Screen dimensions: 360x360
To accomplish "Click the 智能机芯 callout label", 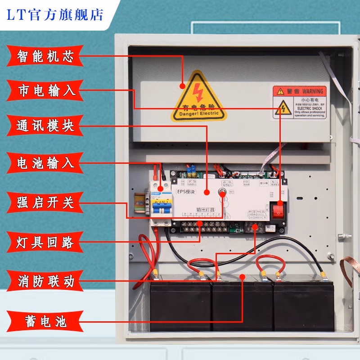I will [x=44, y=56].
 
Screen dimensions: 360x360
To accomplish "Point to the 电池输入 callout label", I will [x=44, y=162].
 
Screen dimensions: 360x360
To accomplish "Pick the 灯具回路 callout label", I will [x=44, y=243].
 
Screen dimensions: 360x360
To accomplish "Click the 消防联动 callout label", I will [x=44, y=282].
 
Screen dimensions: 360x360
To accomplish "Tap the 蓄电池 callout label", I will [x=44, y=320].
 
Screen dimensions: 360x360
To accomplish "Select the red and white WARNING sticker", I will [x=299, y=102].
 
